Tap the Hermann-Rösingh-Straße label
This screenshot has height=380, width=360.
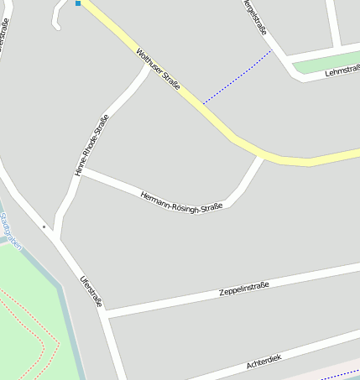coord(181,200)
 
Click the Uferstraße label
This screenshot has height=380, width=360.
coord(91,290)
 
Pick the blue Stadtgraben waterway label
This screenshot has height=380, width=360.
coord(11,229)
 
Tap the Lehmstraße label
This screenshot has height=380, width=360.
coord(342,70)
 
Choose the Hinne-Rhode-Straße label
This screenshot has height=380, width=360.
coord(91,144)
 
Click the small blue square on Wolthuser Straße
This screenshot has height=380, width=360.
coord(78,3)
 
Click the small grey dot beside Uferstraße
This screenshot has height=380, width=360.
coord(44,226)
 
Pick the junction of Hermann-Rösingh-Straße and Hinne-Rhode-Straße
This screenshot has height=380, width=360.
coord(81,172)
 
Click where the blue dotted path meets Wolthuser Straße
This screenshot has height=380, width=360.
coord(202,105)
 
